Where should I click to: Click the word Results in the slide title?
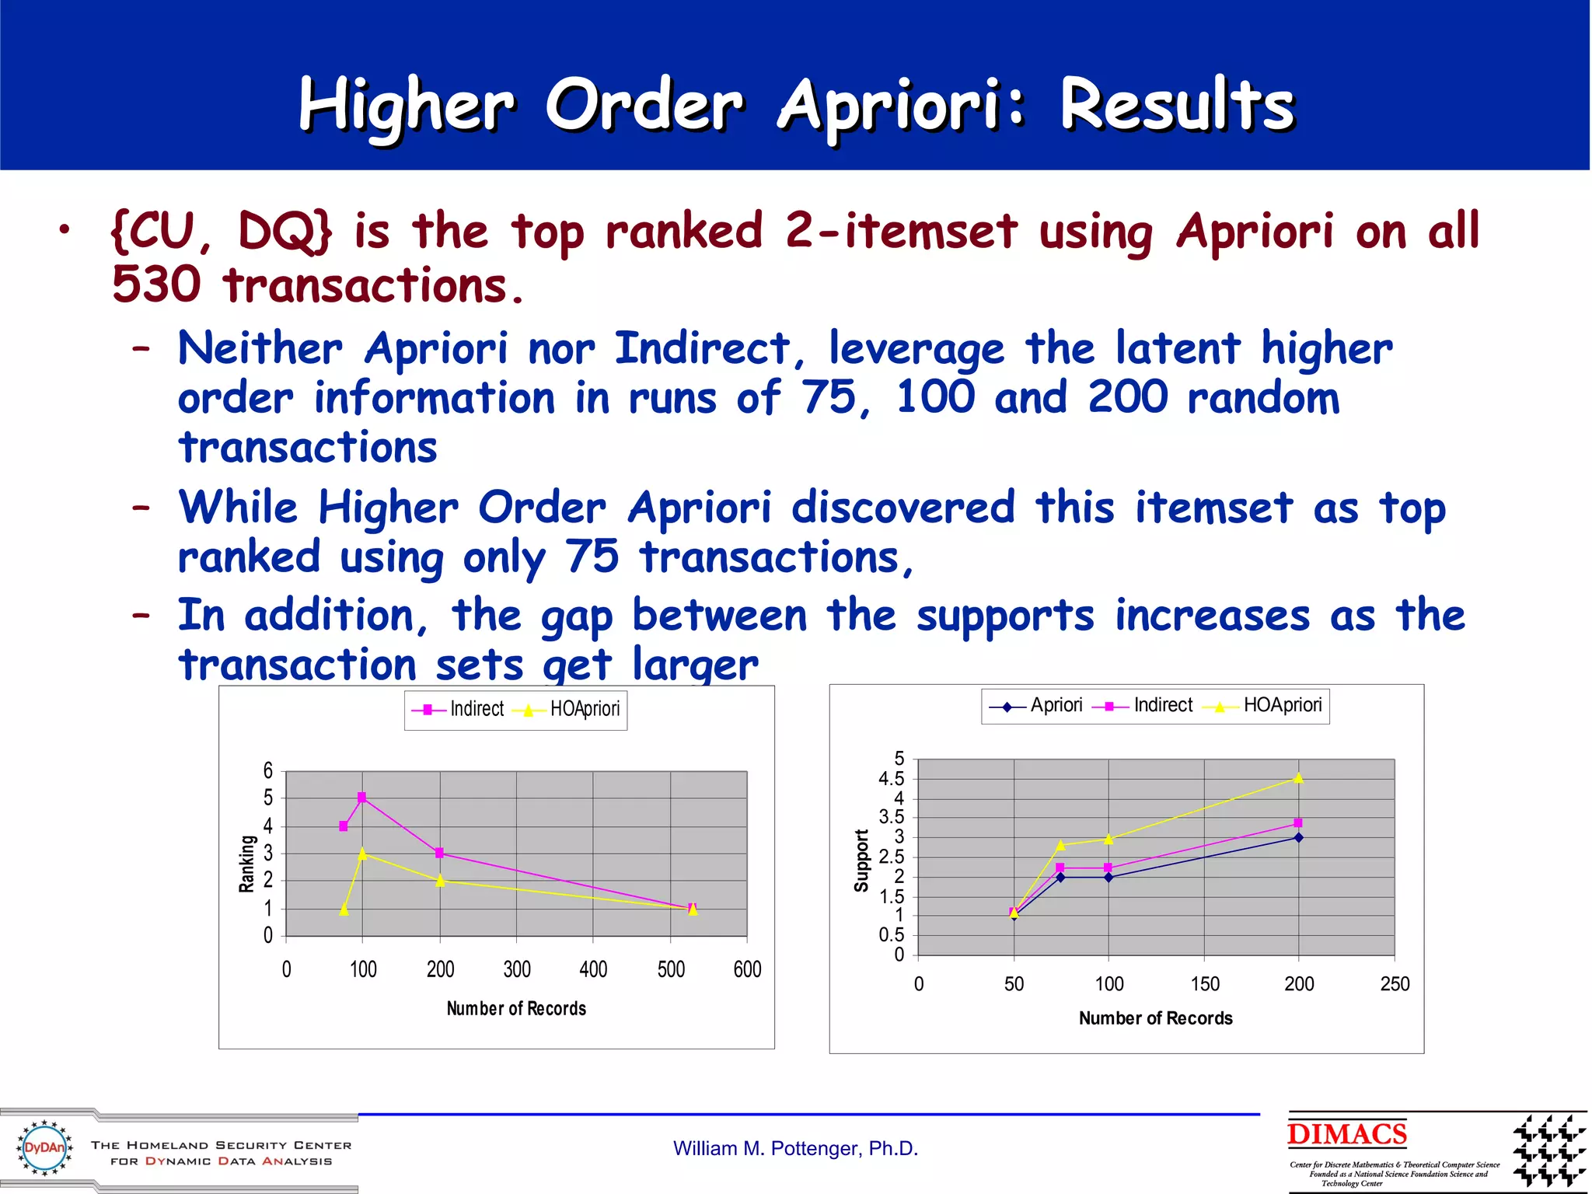click(x=1176, y=105)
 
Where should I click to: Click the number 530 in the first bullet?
click(x=156, y=285)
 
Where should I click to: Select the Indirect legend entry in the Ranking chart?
click(x=476, y=709)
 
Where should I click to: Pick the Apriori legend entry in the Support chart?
click(x=1055, y=705)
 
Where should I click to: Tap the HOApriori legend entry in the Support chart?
click(x=1281, y=705)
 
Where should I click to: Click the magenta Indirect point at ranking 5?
click(x=361, y=798)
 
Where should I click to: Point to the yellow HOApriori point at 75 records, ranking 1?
click(x=344, y=909)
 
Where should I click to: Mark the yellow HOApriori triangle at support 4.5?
click(x=1298, y=778)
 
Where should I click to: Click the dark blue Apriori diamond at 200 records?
click(x=1298, y=838)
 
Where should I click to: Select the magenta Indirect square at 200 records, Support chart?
click(x=1298, y=823)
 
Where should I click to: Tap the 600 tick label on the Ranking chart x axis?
click(x=747, y=969)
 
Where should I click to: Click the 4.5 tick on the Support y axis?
click(x=891, y=779)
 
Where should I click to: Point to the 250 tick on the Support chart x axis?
click(x=1395, y=984)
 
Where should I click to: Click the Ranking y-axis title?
click(x=246, y=864)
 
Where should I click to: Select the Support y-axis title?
click(x=861, y=861)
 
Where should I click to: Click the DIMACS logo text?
click(x=1346, y=1134)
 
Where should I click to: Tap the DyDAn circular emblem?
click(x=45, y=1147)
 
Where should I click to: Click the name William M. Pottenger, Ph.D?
click(x=795, y=1148)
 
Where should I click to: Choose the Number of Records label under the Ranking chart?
click(x=516, y=1009)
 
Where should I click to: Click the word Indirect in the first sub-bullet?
click(x=701, y=347)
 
